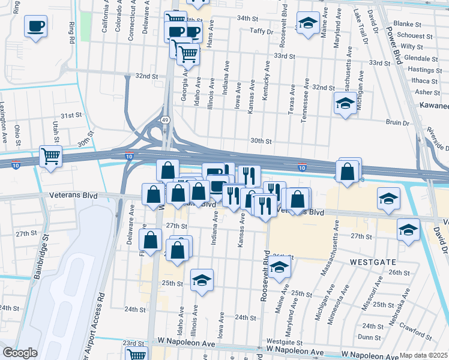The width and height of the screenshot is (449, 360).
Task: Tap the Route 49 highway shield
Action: [164, 121]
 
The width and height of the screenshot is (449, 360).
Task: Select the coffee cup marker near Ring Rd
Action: [35, 26]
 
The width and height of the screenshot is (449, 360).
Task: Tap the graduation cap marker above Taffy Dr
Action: [308, 24]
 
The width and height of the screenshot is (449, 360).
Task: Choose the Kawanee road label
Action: [433, 105]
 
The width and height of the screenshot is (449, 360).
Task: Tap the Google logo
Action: [20, 353]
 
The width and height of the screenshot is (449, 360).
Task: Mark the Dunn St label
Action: [366, 337]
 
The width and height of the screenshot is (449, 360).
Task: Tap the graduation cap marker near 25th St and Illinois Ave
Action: [202, 280]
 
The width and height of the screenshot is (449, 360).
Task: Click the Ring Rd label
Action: [72, 36]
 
